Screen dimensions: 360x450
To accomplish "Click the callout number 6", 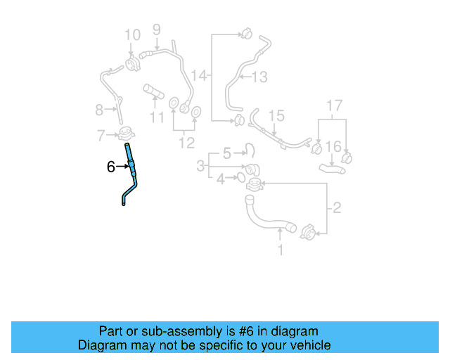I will click(x=110, y=167).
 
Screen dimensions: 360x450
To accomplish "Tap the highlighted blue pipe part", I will click(x=131, y=169).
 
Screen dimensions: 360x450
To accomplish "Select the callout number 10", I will click(x=132, y=34).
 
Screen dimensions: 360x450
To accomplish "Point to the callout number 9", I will click(x=156, y=29).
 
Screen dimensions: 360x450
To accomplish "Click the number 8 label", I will click(x=99, y=109).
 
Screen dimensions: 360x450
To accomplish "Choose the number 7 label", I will click(x=101, y=134).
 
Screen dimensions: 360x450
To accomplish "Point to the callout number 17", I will click(x=333, y=106).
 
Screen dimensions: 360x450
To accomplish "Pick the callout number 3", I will click(x=201, y=166).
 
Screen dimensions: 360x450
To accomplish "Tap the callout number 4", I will click(x=221, y=179).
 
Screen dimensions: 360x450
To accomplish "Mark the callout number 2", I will click(x=336, y=207).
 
